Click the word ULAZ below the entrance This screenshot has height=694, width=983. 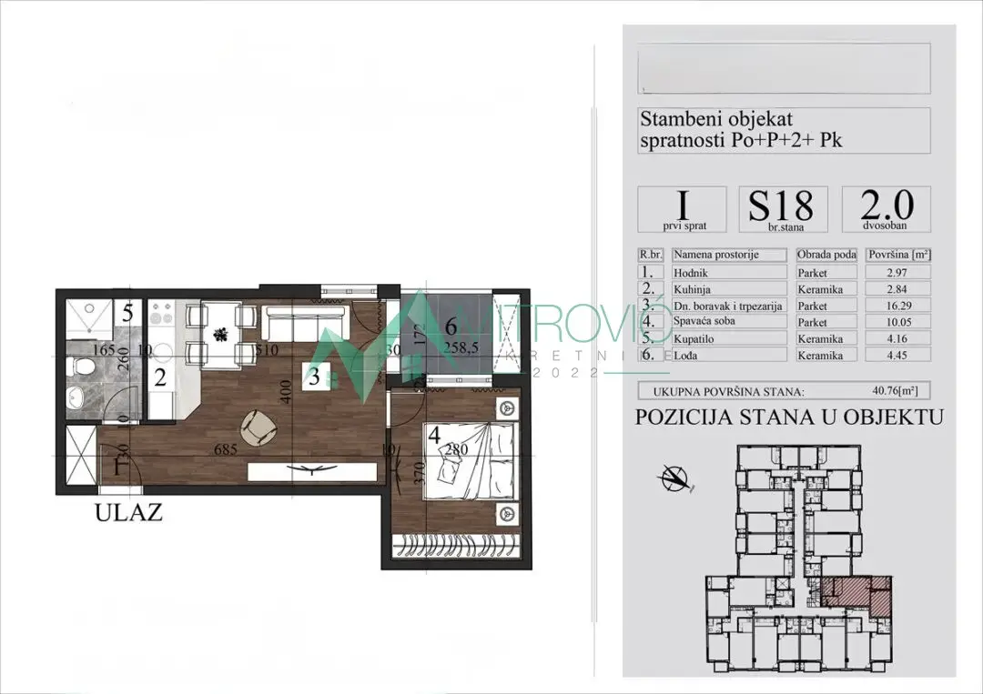click(x=128, y=513)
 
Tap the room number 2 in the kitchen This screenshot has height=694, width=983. click(x=160, y=377)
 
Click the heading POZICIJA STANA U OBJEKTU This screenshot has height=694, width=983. click(x=788, y=417)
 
